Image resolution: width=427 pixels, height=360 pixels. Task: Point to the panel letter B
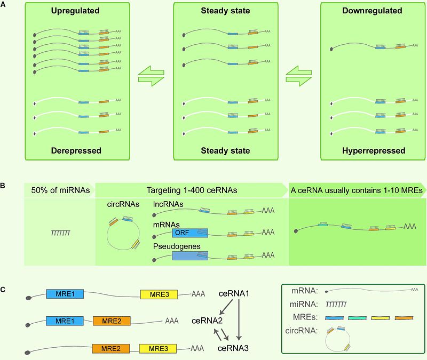[3, 186]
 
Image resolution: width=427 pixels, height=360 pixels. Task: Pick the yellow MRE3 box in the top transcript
[159, 294]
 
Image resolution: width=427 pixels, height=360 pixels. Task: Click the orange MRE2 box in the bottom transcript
[110, 349]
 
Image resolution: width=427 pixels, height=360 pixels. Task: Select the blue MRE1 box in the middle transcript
[65, 321]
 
